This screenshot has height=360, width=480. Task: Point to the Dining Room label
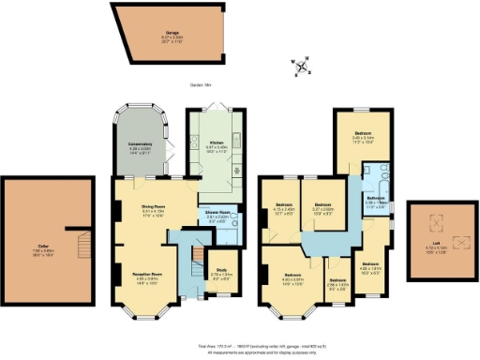[x=153, y=209]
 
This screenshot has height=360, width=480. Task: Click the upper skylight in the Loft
[x=432, y=222]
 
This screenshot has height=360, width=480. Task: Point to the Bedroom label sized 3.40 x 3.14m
[x=362, y=137]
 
